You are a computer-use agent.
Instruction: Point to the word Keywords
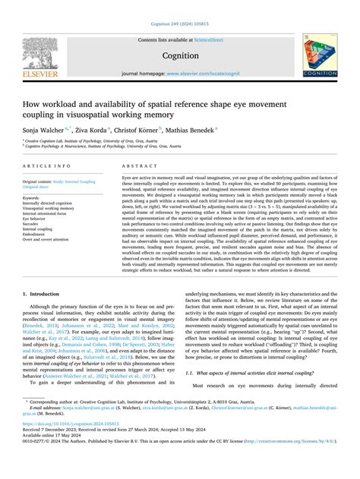35,194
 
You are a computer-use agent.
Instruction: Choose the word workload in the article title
70,95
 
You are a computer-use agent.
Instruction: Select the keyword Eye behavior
38,220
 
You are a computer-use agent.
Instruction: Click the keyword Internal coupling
43,231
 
